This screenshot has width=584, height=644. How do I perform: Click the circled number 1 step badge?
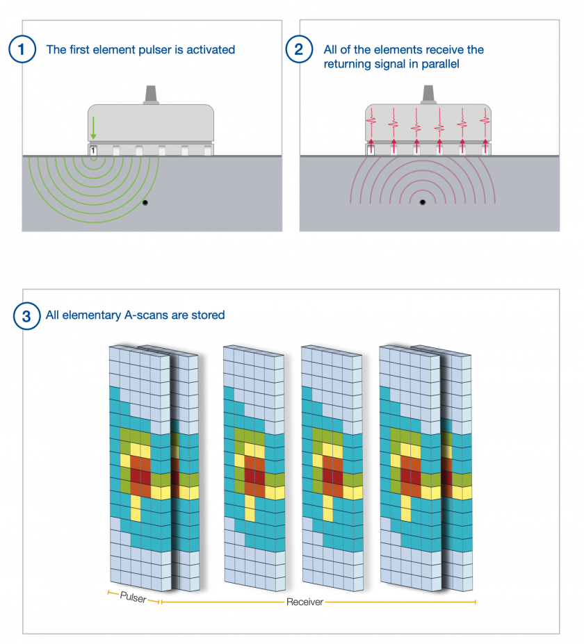(x=22, y=49)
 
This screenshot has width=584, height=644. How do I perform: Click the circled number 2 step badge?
(x=299, y=49)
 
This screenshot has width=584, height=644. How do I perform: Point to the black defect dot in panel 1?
(x=145, y=202)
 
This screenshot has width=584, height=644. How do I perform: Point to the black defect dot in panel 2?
(x=423, y=203)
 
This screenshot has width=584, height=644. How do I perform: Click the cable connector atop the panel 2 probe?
(x=428, y=95)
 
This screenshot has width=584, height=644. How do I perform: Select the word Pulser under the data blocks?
(x=133, y=597)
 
